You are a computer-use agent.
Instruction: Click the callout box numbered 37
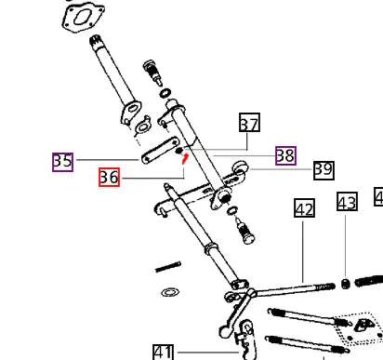click(x=249, y=123)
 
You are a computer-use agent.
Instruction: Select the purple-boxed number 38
click(x=285, y=155)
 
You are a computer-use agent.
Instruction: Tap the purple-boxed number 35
click(x=63, y=162)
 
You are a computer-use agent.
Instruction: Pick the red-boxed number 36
click(x=109, y=177)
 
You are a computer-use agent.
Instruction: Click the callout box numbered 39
click(x=324, y=170)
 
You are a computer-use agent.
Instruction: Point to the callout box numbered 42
click(x=304, y=208)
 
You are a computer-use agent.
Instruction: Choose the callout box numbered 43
click(x=347, y=201)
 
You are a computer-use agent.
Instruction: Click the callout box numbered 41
click(x=164, y=352)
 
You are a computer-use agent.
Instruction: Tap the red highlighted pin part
click(x=185, y=158)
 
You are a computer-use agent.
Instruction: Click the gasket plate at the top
click(x=83, y=15)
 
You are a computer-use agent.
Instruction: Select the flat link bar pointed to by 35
click(x=160, y=150)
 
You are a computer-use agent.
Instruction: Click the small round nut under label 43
click(x=346, y=284)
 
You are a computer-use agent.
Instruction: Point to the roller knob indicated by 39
click(x=241, y=167)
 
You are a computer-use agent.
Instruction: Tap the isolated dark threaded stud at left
click(x=167, y=267)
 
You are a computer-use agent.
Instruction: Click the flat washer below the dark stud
click(x=170, y=292)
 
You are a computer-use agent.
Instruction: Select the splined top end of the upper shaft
click(x=96, y=43)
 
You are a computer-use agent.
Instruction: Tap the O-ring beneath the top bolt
click(x=165, y=93)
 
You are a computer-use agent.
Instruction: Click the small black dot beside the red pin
click(x=179, y=151)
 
